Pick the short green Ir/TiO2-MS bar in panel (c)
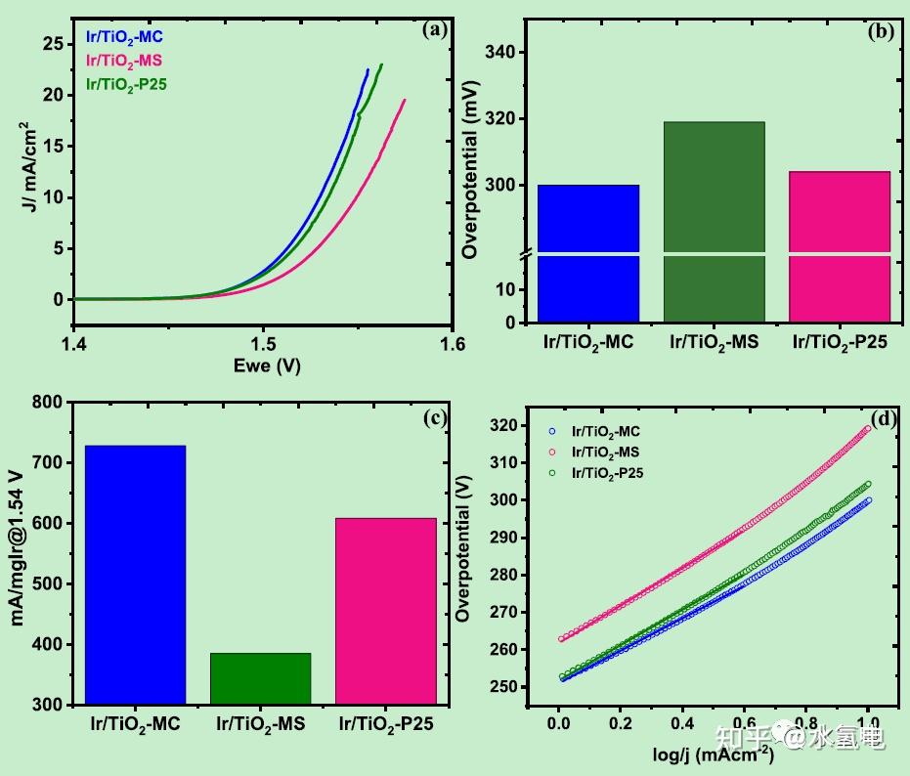tap(260, 677)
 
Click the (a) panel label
tap(434, 29)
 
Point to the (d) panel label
tap(884, 419)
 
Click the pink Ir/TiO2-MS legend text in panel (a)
tap(124, 62)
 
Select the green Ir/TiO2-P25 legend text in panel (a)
tap(127, 84)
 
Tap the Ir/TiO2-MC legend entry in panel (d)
tap(605, 431)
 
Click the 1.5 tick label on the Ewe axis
tap(262, 344)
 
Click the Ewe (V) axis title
tap(262, 366)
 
